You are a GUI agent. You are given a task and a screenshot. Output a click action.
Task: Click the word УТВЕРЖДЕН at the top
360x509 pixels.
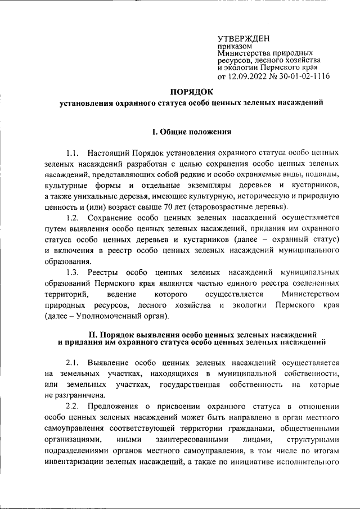click(244, 38)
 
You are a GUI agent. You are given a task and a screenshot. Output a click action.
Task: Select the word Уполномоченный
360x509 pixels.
click(110, 316)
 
